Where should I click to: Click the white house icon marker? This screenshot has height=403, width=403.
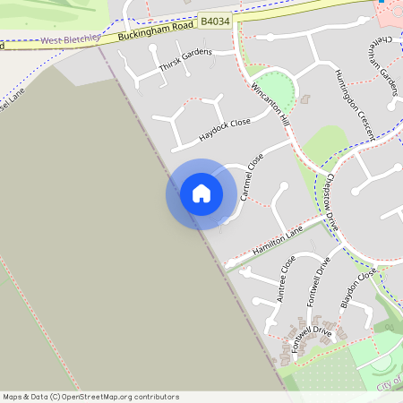point(201,193)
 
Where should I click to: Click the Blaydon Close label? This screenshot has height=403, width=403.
point(356,287)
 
